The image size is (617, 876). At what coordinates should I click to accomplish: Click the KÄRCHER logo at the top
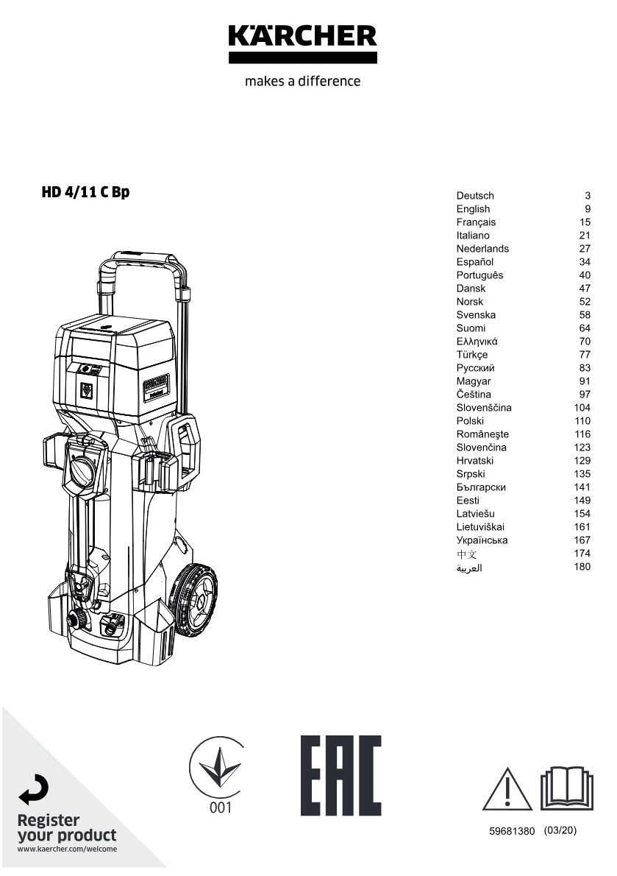point(302,43)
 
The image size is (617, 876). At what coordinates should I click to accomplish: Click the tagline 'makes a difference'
point(302,81)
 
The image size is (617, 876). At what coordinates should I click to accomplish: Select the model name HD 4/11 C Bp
point(85,192)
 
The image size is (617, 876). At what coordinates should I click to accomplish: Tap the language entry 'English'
point(473,209)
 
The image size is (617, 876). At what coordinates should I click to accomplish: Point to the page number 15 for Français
point(585,222)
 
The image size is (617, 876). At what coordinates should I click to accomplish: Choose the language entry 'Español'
point(475,262)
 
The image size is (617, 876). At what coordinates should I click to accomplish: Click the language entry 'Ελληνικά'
point(477,342)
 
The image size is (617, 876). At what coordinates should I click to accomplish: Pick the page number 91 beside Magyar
point(585,381)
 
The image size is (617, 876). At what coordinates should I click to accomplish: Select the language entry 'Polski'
point(470,420)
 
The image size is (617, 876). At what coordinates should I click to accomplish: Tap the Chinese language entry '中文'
point(467,554)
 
